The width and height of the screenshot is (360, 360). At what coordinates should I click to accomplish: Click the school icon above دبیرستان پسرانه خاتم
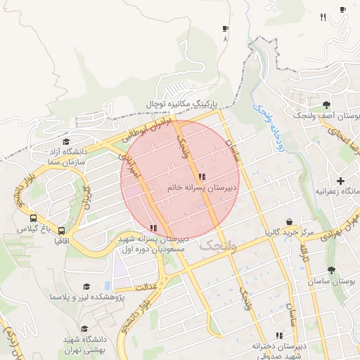click(x=202, y=176)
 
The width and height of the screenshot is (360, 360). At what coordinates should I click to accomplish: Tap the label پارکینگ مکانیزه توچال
click(x=182, y=103)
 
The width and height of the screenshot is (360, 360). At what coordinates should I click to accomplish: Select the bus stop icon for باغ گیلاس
click(x=34, y=218)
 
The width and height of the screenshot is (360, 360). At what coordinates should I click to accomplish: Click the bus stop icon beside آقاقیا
click(x=62, y=230)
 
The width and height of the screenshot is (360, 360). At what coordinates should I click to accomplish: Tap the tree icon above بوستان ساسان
click(x=331, y=269)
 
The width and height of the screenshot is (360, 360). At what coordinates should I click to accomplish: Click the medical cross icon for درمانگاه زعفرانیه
click(x=340, y=181)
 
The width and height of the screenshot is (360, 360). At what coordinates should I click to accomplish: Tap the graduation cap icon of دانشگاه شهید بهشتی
click(x=84, y=329)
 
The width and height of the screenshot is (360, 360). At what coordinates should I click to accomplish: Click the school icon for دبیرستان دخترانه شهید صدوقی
click(x=279, y=336)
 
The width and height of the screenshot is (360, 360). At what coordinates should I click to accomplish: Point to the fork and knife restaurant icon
click(x=323, y=18)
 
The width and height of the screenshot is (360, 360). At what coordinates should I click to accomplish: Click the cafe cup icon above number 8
click(x=225, y=29)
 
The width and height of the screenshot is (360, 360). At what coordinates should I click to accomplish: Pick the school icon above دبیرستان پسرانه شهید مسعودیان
click(x=153, y=228)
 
